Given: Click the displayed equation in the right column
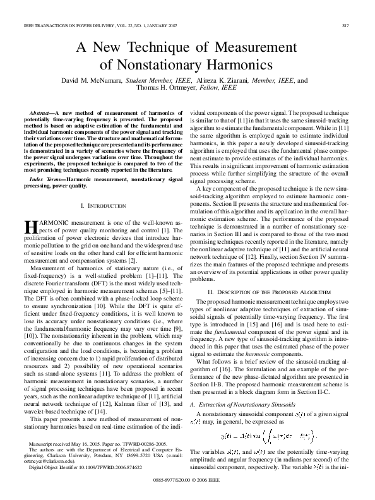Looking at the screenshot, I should click(268, 417).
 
